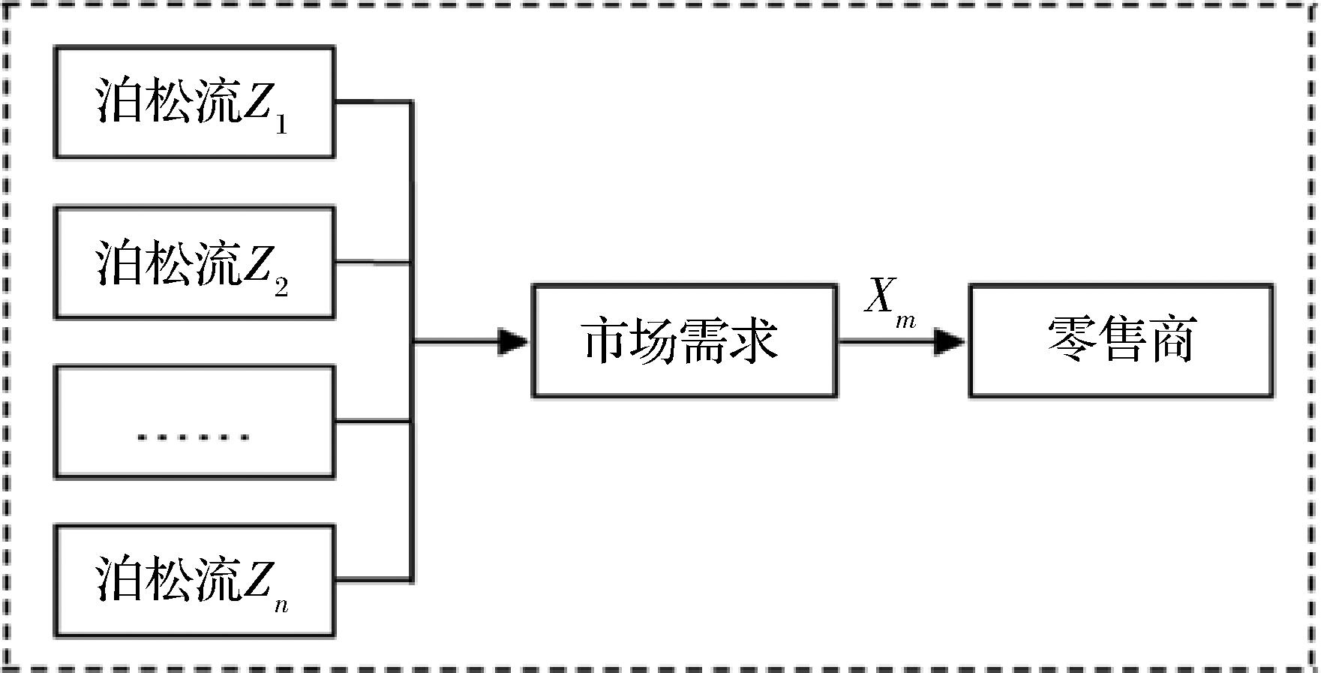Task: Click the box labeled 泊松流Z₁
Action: pos(194,102)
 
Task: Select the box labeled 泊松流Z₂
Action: pos(194,263)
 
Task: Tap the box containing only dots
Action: pos(194,422)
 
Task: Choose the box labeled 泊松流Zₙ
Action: pos(194,581)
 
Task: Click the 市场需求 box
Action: pos(684,341)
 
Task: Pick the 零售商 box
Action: pos(1121,341)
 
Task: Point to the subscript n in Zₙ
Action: pos(281,605)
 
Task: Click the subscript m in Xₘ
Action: pos(905,321)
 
